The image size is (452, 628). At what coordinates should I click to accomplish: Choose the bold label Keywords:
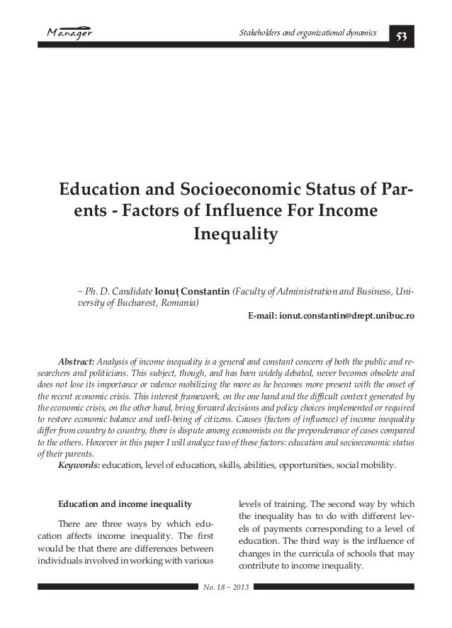click(79, 465)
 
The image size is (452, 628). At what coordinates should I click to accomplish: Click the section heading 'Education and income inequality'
click(125, 504)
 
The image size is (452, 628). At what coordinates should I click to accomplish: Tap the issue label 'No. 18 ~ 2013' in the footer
click(226, 589)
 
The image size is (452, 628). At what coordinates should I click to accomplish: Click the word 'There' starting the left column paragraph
click(69, 523)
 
